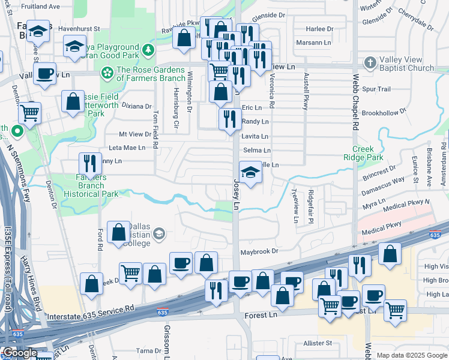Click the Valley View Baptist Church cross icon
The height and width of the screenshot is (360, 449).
pos(370,62)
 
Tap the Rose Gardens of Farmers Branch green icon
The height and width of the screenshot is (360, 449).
pos(107,73)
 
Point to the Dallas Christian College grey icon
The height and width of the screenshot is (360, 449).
pos(158,234)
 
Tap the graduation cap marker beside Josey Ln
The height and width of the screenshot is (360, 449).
pos(251,173)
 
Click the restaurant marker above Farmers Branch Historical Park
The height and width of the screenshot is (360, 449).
pos(90,163)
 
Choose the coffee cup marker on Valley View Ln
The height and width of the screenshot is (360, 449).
pos(44,74)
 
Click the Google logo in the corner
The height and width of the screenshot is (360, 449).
pos(19,353)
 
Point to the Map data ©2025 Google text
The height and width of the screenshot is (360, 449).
pos(412,355)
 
